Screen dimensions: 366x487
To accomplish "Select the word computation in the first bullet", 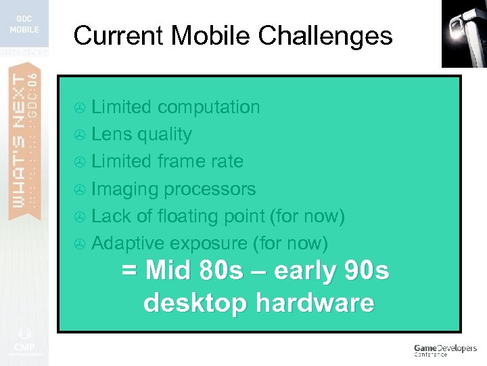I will pyautogui.click(x=208, y=107).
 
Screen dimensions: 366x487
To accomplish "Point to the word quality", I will pyautogui.click(x=164, y=134).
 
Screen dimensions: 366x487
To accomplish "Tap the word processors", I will pyautogui.click(x=212, y=189).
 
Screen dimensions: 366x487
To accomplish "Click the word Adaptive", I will pyautogui.click(x=128, y=243).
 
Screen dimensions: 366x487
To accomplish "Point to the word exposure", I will pyautogui.click(x=208, y=243).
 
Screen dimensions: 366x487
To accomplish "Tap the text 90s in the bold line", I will pyautogui.click(x=368, y=271).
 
